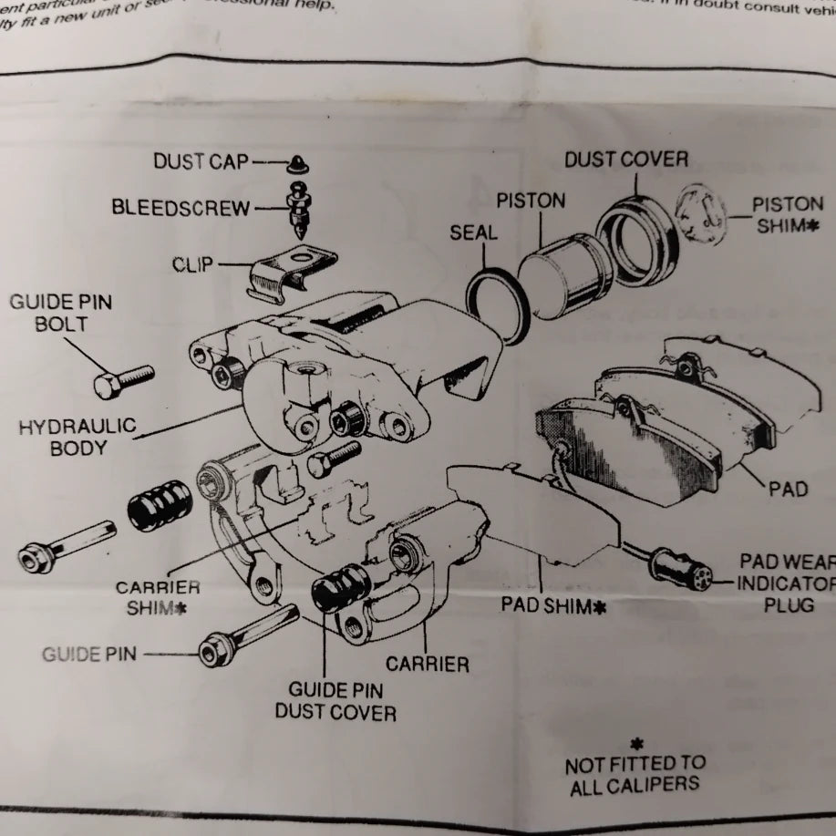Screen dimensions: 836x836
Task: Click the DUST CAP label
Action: pyautogui.click(x=201, y=161)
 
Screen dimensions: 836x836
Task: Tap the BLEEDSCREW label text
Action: pyautogui.click(x=181, y=208)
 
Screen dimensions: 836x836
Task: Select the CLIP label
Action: pyautogui.click(x=192, y=265)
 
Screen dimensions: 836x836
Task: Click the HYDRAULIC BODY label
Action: pyautogui.click(x=77, y=437)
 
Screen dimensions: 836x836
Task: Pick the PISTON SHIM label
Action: pyautogui.click(x=787, y=214)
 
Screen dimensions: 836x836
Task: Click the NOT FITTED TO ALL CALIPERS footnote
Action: pyautogui.click(x=635, y=774)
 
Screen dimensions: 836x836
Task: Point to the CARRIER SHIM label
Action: pyautogui.click(x=158, y=596)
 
